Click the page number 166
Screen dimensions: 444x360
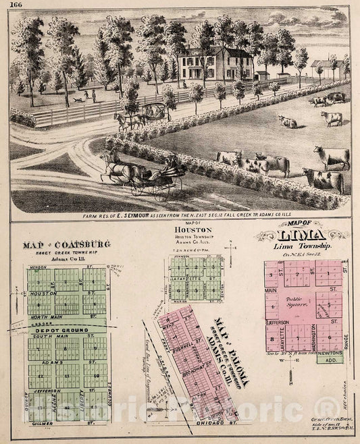click(x=15, y=7)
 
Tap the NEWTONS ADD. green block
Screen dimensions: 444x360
click(x=332, y=356)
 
